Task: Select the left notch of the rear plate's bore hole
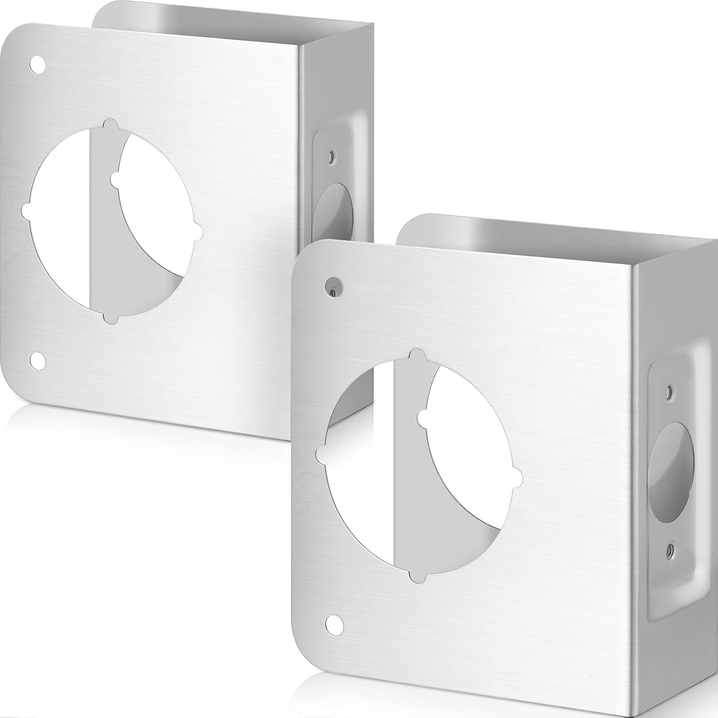point(25,209)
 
